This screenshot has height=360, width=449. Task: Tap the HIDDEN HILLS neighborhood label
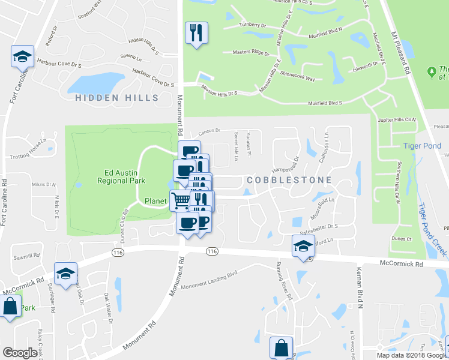(117, 97)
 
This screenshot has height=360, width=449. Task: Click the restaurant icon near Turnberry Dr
(196, 32)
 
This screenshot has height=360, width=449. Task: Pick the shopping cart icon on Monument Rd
(180, 200)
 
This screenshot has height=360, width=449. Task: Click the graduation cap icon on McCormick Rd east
(303, 245)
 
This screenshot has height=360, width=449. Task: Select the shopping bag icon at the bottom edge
(281, 347)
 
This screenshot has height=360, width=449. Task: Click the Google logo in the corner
(20, 353)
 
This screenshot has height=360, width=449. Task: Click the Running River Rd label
(283, 280)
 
